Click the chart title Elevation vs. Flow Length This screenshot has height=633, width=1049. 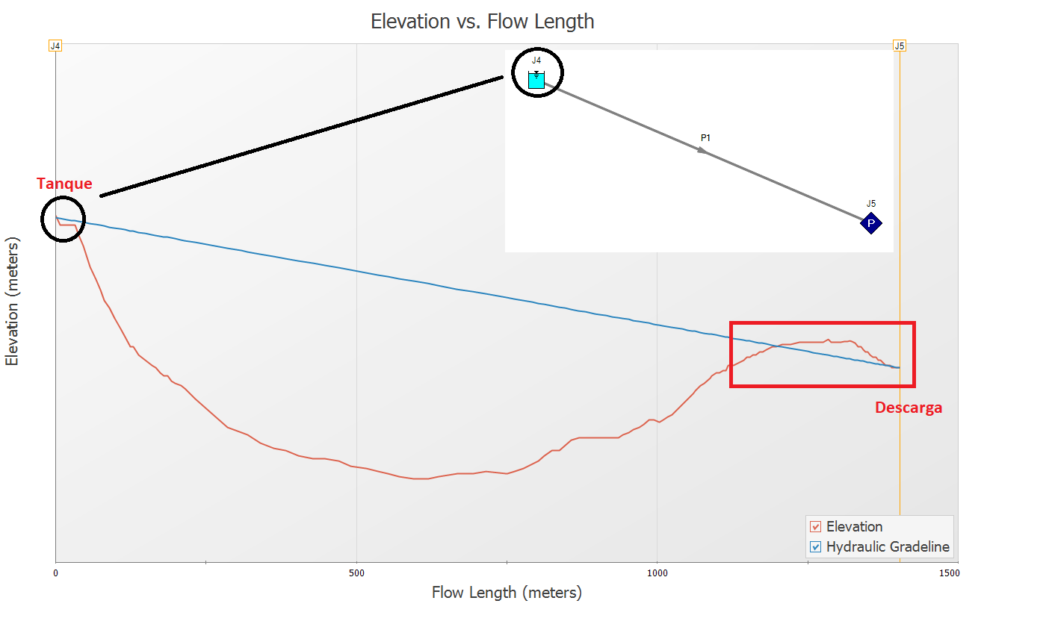pos(483,22)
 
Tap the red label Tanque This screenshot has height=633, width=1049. pos(64,184)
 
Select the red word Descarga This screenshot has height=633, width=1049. pos(909,408)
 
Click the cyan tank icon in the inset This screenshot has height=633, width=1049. pos(536,80)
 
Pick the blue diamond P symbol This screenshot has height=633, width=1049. pos(871,223)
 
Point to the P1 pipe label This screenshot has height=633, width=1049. pos(705,138)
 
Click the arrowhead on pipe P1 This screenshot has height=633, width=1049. pos(702,150)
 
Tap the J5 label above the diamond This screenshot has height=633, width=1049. pos(871,204)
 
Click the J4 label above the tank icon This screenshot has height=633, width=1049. pos(536,60)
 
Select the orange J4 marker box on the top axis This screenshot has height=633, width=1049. pos(55,46)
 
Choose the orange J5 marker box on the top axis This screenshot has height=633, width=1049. pos(900,46)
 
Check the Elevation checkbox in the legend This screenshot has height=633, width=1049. pos(815,527)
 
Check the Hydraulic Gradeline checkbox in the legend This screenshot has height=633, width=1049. pos(815,547)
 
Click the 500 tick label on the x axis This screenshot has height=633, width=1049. pos(356,573)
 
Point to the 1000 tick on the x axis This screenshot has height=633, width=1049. pos(657,573)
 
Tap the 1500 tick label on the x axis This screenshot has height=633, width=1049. pos(949,573)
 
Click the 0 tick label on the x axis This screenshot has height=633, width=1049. pos(56,573)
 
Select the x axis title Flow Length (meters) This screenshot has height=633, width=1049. pos(507,593)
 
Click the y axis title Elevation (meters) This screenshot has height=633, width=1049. pos(12,302)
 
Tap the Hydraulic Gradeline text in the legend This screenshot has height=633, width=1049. pos(888,547)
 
